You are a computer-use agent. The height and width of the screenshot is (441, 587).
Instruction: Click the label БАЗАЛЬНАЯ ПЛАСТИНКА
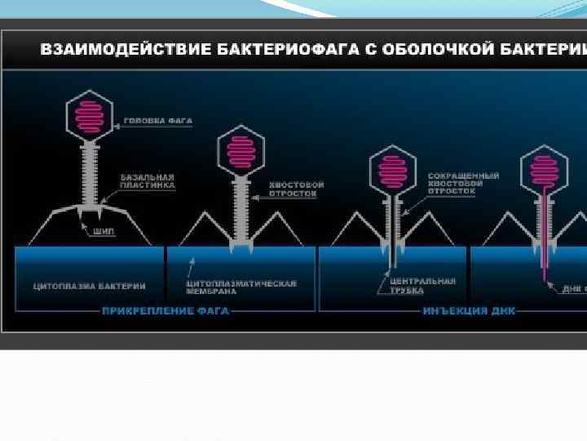coord(147,180)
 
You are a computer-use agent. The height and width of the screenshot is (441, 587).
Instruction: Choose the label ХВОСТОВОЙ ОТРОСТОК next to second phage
coord(296,189)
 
